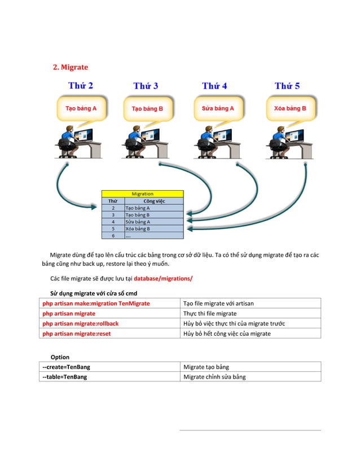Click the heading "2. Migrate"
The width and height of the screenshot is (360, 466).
[x=71, y=67]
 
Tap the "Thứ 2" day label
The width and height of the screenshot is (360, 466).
[x=81, y=86]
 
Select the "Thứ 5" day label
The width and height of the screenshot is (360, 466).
[x=287, y=86]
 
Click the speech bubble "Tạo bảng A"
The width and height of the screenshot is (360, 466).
[x=81, y=108]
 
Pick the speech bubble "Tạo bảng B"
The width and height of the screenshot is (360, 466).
[x=147, y=108]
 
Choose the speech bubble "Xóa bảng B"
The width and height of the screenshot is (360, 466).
[x=290, y=108]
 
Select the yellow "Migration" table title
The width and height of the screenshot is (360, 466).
[x=142, y=194]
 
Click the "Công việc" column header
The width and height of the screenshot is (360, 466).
[x=154, y=201]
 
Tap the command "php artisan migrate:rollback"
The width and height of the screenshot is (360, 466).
[x=81, y=323]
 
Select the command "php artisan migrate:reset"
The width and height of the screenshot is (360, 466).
[x=77, y=333]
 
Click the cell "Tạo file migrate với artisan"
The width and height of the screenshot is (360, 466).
[x=218, y=304]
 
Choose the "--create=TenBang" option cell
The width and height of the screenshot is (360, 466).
[x=67, y=367]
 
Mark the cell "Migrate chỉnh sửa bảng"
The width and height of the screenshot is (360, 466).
[x=214, y=377]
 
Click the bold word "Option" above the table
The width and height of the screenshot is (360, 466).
[x=60, y=357]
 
